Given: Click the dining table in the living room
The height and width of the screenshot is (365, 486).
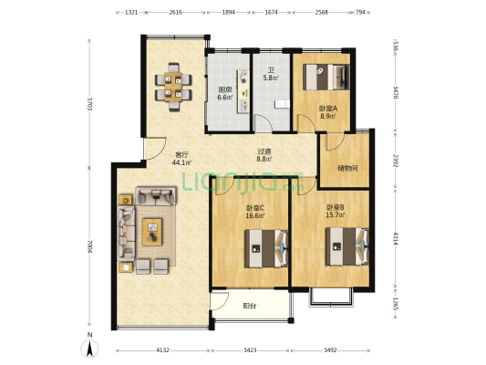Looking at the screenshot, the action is coord(173,87).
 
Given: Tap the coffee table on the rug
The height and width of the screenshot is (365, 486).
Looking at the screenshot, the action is coord(152,232).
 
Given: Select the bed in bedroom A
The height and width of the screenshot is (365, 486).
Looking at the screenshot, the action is coord(326,77).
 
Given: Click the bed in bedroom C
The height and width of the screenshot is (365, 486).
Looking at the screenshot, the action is coord(266,248).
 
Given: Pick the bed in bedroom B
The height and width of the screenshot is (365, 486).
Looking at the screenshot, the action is coord(346,246).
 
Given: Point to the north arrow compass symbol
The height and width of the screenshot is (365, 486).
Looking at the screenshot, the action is coord(89,346).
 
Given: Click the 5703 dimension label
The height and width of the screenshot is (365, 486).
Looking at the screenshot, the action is coord(90,104).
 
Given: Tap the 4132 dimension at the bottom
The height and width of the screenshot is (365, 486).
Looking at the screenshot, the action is coord(162,350).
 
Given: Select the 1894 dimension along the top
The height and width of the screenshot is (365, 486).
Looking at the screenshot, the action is coord(229,13).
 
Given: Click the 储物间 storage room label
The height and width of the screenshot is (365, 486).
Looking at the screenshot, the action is coord(347,169).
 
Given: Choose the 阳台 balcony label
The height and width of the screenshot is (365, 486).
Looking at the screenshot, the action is coord(250,306).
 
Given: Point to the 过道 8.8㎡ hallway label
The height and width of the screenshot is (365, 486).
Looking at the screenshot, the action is coord(264,155).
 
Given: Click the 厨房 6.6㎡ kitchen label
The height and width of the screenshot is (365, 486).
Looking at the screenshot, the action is coord(225,93).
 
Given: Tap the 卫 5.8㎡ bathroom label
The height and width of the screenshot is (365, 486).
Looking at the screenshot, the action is coord(271,75).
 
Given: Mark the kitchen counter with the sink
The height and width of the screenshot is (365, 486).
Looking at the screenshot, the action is coord(243,91).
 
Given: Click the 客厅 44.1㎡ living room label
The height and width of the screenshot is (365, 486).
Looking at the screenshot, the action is coord(182,158).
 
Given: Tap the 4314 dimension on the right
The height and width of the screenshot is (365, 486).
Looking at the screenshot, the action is coord(395,238).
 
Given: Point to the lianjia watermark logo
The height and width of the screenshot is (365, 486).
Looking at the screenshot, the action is coord(243,182).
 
